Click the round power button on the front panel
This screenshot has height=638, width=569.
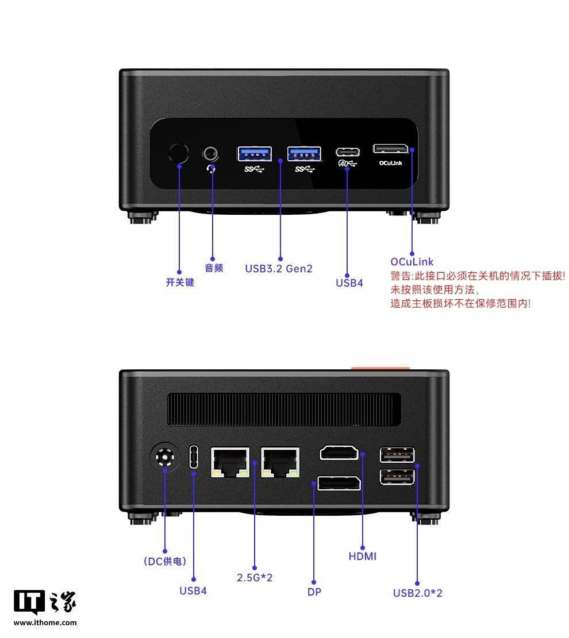click(178, 153)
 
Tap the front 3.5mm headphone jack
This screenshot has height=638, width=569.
click(210, 154)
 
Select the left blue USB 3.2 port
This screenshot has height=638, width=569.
click(255, 154)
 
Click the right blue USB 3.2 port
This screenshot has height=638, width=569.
click(304, 154)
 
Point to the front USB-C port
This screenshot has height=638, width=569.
click(347, 152)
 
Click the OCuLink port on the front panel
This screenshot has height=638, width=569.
click(391, 149)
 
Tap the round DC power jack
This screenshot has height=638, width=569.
click(164, 457)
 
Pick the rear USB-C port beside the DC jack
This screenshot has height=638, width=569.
click(194, 457)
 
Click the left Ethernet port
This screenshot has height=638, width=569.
click(230, 462)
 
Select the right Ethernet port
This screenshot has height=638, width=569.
click(280, 462)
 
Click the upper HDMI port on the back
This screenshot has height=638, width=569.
click(339, 453)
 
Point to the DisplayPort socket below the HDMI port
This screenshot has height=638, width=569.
click(339, 483)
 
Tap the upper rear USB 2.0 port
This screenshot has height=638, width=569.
click(397, 454)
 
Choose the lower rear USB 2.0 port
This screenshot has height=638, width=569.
click(397, 477)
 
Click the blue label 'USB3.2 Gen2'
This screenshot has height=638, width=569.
click(279, 269)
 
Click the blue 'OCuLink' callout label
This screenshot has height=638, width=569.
click(412, 262)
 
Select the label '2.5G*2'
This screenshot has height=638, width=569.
click(255, 577)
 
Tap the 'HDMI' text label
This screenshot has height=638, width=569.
click(363, 556)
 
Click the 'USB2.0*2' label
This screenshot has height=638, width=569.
click(417, 593)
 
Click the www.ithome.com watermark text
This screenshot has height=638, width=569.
click(45, 622)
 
